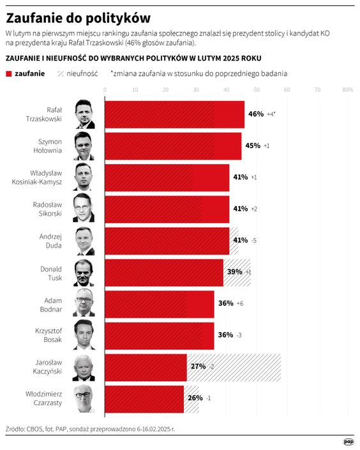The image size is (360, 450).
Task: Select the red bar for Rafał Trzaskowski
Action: [174, 114]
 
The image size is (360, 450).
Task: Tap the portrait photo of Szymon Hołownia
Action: [84, 146]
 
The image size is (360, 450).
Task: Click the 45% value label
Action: [253, 146]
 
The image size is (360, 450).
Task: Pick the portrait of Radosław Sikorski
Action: [84, 209]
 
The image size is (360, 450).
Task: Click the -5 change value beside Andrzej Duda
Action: [254, 241]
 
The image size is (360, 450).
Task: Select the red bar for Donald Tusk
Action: [163, 273]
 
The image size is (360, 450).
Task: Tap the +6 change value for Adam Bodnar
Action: [240, 303]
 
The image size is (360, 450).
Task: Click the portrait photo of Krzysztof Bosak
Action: [84, 335]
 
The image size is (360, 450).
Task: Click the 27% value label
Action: [198, 366]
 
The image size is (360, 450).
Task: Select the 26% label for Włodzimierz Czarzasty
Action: [195, 398]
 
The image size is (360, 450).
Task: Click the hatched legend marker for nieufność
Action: [57, 74]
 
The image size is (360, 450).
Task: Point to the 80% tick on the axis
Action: [348, 90]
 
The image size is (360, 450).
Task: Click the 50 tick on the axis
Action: [257, 90]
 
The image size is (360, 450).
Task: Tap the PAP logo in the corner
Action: [349, 441]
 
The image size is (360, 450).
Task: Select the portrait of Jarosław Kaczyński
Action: [84, 367]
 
